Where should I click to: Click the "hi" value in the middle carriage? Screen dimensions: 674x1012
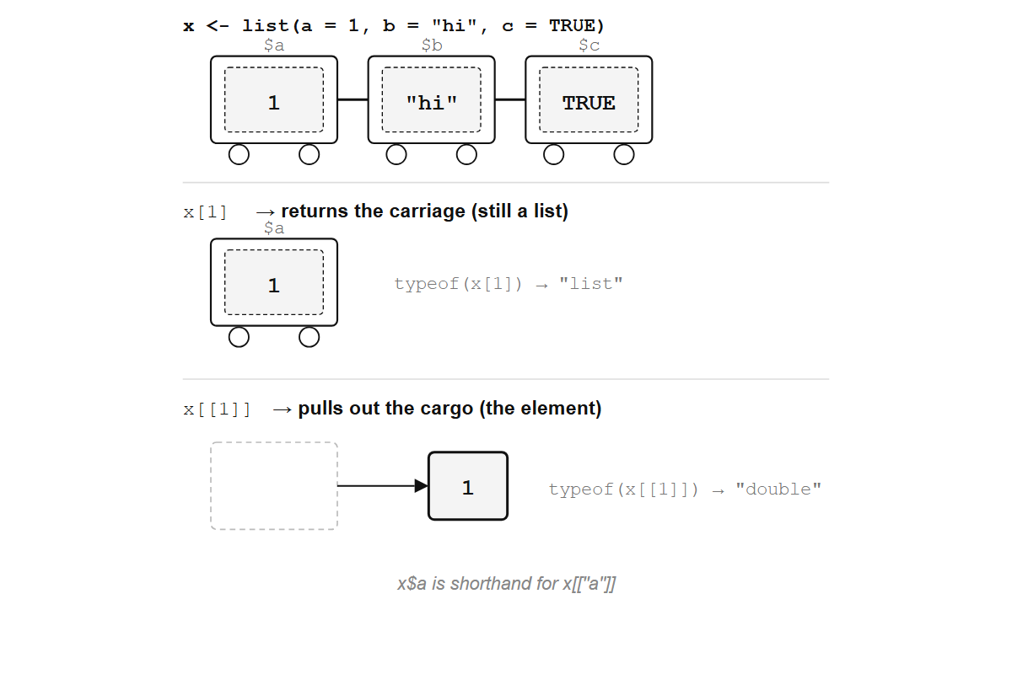tap(431, 103)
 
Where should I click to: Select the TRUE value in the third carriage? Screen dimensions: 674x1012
tap(589, 103)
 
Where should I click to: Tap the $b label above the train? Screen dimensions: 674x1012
tap(432, 45)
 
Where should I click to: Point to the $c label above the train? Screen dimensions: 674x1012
tap(589, 45)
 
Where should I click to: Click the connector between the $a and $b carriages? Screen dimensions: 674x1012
tap(353, 99)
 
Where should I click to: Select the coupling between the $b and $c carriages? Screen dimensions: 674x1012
tap(510, 99)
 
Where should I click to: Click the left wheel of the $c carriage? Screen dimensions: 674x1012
tap(554, 155)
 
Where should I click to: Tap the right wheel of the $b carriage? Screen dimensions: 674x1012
tap(466, 155)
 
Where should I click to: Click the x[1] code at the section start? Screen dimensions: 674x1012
tap(206, 211)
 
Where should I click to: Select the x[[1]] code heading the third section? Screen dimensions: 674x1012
tap(218, 409)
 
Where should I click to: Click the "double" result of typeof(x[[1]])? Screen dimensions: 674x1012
tap(778, 489)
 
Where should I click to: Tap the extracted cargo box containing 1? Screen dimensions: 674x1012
tap(468, 486)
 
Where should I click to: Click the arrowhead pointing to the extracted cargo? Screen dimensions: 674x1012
tap(423, 486)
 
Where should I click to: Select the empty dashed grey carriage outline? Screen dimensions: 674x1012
tap(274, 486)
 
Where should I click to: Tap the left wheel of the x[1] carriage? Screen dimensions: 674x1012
tap(240, 337)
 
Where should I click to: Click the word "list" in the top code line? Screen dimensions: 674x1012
tap(266, 25)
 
